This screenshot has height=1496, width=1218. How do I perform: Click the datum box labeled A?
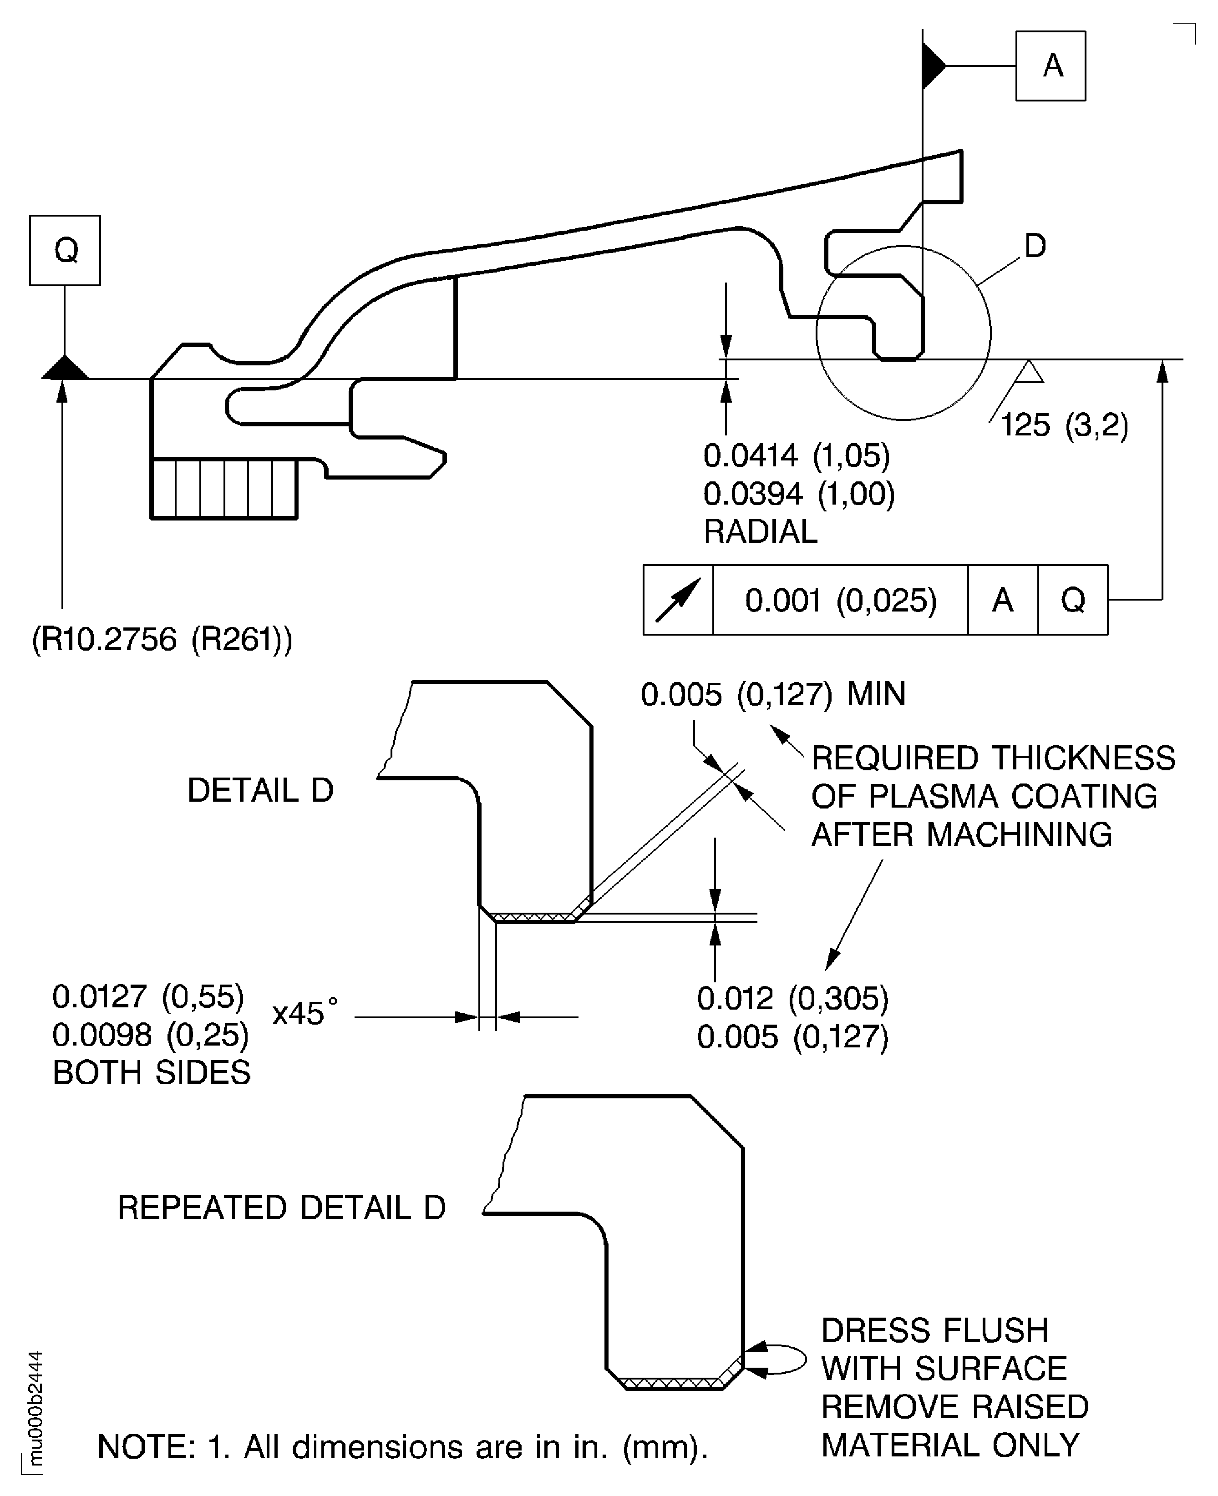coord(1051,66)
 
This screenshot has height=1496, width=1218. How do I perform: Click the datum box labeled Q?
coord(65,250)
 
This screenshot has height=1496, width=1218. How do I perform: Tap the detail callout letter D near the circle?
coord(1035,246)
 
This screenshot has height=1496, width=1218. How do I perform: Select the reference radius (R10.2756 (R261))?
coord(162,640)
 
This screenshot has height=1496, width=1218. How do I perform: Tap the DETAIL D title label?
coord(260,790)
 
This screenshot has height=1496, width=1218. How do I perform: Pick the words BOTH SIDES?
coord(152,1072)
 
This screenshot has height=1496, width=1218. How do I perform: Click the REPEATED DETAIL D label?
coord(281,1208)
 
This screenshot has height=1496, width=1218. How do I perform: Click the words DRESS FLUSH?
coord(934,1330)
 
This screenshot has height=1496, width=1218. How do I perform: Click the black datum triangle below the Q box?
coord(65,368)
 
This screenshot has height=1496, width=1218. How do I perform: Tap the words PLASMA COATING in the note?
coord(1012,797)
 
